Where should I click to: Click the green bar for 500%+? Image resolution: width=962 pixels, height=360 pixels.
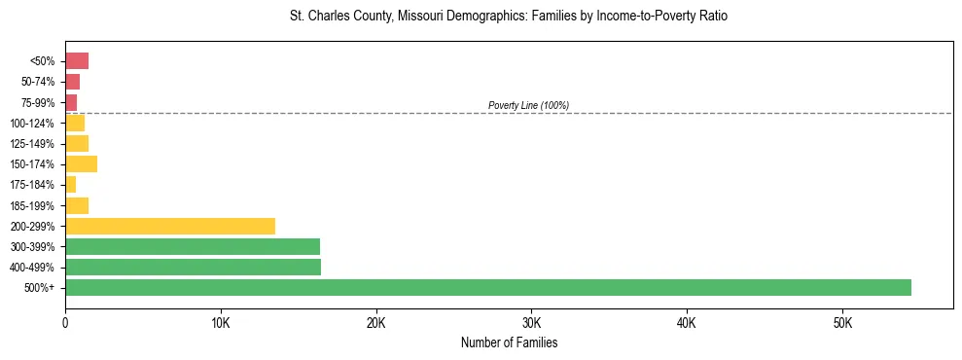pyautogui.click(x=487, y=287)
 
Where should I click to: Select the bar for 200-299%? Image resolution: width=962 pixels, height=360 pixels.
pyautogui.click(x=170, y=226)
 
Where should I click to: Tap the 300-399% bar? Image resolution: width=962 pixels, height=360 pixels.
pyautogui.click(x=193, y=246)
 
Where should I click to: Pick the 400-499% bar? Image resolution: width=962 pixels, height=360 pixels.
pyautogui.click(x=193, y=267)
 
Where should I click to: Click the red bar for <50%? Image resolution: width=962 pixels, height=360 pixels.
pyautogui.click(x=77, y=61)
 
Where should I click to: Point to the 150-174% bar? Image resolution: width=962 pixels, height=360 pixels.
pyautogui.click(x=81, y=163)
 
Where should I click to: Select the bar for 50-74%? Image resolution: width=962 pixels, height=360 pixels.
pyautogui.click(x=72, y=82)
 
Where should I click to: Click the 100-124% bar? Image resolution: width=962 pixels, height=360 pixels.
pyautogui.click(x=75, y=123)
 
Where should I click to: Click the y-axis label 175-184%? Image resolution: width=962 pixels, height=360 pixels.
pyautogui.click(x=33, y=185)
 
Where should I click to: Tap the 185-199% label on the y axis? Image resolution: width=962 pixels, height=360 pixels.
pyautogui.click(x=33, y=205)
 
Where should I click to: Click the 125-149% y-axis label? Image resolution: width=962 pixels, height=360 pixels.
pyautogui.click(x=33, y=144)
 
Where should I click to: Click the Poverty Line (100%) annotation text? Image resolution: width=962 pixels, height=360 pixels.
pyautogui.click(x=528, y=105)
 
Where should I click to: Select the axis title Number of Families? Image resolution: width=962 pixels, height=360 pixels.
pyautogui.click(x=509, y=342)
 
